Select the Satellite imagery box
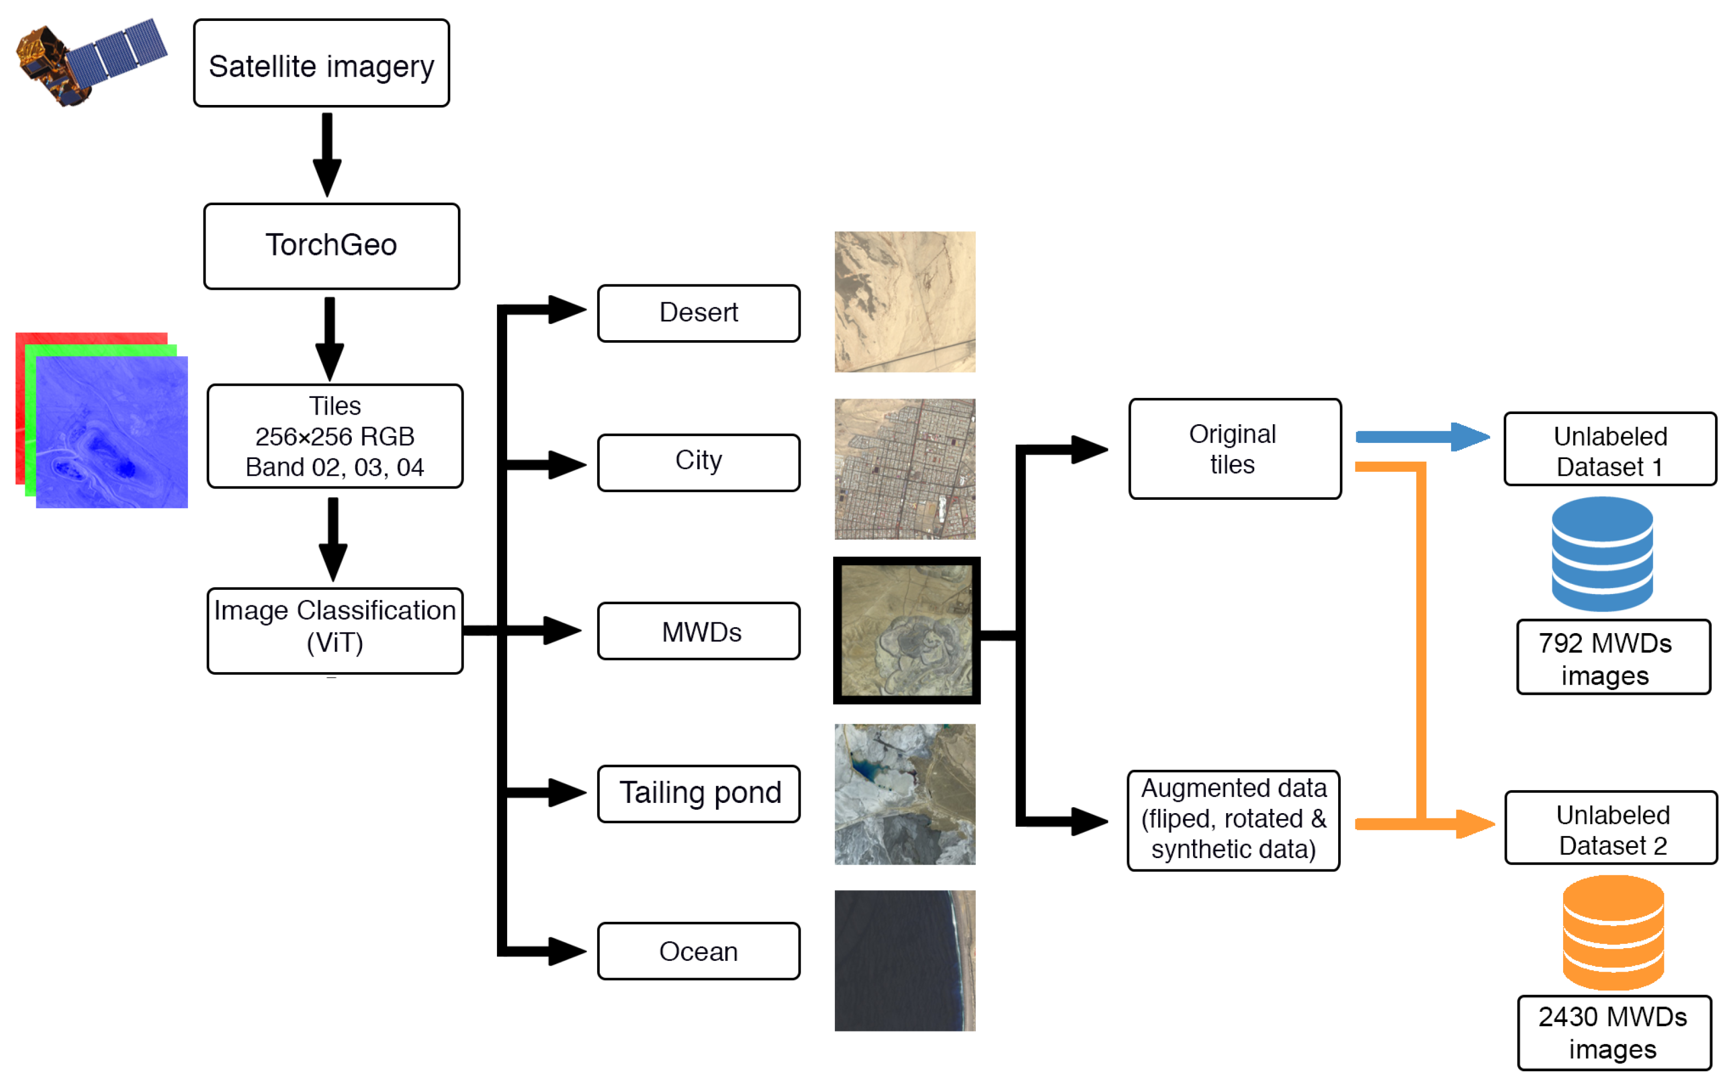click(x=321, y=64)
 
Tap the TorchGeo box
click(x=331, y=245)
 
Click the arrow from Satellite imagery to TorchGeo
click(x=327, y=154)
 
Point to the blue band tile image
click(x=111, y=432)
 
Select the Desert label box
click(x=698, y=313)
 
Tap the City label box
click(x=698, y=462)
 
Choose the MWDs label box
click(x=698, y=630)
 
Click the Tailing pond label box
click(x=698, y=793)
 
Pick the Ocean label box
click(x=698, y=950)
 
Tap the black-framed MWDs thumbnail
click(x=905, y=630)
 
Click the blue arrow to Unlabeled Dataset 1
click(x=1420, y=436)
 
